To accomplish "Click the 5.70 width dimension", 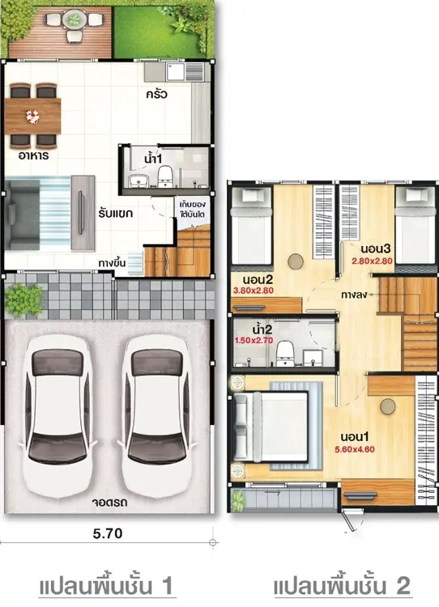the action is click(108, 533).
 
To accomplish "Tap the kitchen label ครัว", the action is click(157, 94).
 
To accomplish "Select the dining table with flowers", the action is click(32, 116).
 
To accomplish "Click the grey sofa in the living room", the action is click(24, 214).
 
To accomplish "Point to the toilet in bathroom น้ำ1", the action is click(165, 177).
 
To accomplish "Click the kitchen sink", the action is click(176, 71).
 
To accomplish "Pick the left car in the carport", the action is click(58, 416).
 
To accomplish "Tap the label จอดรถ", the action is click(109, 503).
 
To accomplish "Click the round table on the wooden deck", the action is click(73, 19).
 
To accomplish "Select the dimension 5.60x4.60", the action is click(355, 449).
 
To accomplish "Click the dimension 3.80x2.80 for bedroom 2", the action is click(254, 291).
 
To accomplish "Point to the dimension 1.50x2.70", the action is click(254, 341).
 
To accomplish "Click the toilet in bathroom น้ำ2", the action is click(286, 353).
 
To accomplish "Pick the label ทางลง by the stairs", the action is click(354, 295).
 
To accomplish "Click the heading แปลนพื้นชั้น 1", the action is click(106, 586).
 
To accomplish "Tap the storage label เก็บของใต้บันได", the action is click(193, 209).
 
